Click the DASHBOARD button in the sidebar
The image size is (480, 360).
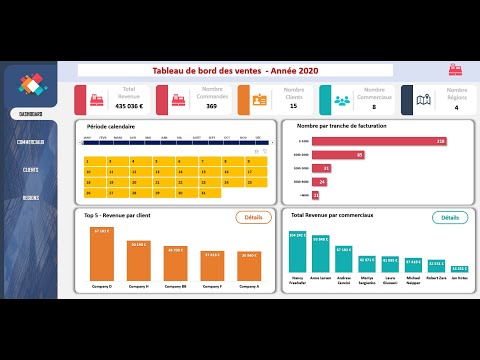[x=30, y=113]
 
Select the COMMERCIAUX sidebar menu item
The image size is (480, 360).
[x=30, y=142]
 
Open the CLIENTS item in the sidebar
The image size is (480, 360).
[x=30, y=170]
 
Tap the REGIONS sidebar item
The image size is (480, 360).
[x=30, y=198]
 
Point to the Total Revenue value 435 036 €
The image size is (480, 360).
[x=129, y=106]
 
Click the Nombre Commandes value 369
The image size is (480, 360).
[x=212, y=106]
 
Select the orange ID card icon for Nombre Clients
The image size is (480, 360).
[x=258, y=100]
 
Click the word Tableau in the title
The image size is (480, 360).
[x=171, y=70]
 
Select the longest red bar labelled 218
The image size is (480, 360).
[x=379, y=141]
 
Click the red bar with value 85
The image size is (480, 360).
[x=338, y=155]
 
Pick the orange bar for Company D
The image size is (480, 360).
[x=102, y=255]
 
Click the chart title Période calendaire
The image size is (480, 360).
[x=111, y=126]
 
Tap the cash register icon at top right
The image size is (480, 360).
[x=455, y=70]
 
